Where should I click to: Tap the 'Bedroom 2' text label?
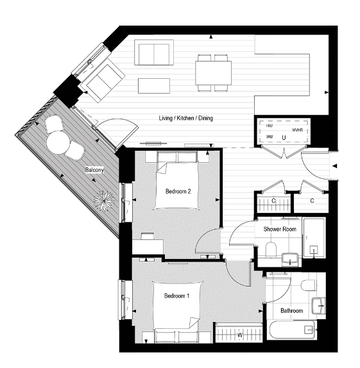(x=177, y=191)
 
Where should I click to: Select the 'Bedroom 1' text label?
(x=176, y=296)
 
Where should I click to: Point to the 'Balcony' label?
(x=95, y=171)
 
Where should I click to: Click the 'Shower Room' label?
(x=279, y=229)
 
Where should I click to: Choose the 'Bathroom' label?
(x=291, y=311)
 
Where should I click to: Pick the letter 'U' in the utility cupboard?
(x=283, y=137)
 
